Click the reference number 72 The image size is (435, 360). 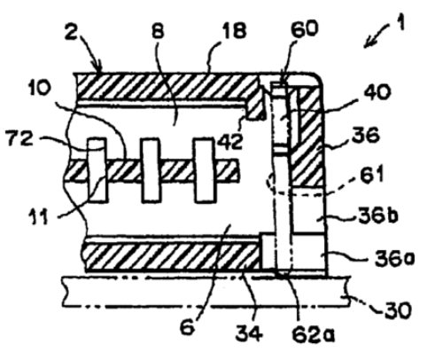(19, 138)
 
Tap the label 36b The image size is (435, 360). (378, 215)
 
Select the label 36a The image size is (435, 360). (395, 258)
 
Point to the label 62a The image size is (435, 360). (313, 333)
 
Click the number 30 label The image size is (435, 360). (398, 309)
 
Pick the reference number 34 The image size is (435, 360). (249, 333)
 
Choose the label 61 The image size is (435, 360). (372, 174)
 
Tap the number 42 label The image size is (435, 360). (230, 143)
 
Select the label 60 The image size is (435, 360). (305, 28)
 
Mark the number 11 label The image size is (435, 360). (38, 218)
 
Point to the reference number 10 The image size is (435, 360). (40, 88)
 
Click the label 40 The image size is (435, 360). (377, 92)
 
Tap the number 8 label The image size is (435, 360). (158, 30)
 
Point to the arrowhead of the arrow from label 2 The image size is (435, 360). (99, 68)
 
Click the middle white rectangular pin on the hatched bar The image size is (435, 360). (151, 170)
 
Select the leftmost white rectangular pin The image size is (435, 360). (97, 170)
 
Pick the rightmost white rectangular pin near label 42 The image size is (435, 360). (204, 170)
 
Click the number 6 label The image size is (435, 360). (188, 327)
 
